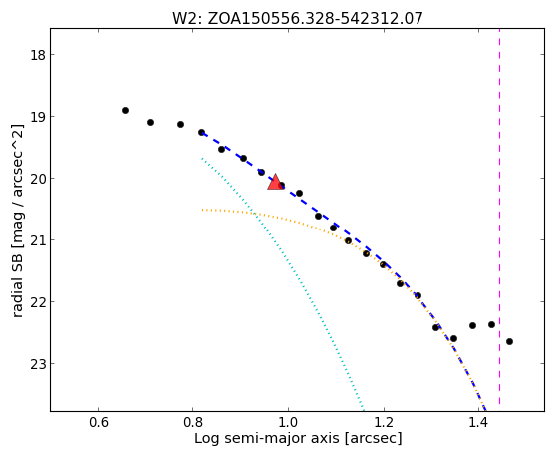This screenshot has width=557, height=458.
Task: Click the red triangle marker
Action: tap(275, 182)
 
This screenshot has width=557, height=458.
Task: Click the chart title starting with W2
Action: tap(297, 18)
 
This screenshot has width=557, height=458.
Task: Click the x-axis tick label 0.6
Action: tap(98, 423)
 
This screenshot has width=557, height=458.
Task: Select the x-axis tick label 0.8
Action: tap(192, 423)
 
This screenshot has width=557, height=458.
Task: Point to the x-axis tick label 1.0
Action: tap(288, 423)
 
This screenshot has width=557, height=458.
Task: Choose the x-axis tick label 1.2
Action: tap(384, 423)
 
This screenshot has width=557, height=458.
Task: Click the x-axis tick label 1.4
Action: tap(479, 423)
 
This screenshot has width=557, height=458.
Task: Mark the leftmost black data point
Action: tap(125, 111)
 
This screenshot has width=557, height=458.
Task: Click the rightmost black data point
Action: tap(509, 341)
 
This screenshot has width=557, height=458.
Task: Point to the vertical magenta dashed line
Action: tap(500, 217)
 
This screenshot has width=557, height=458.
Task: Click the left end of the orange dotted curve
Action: tap(202, 210)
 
